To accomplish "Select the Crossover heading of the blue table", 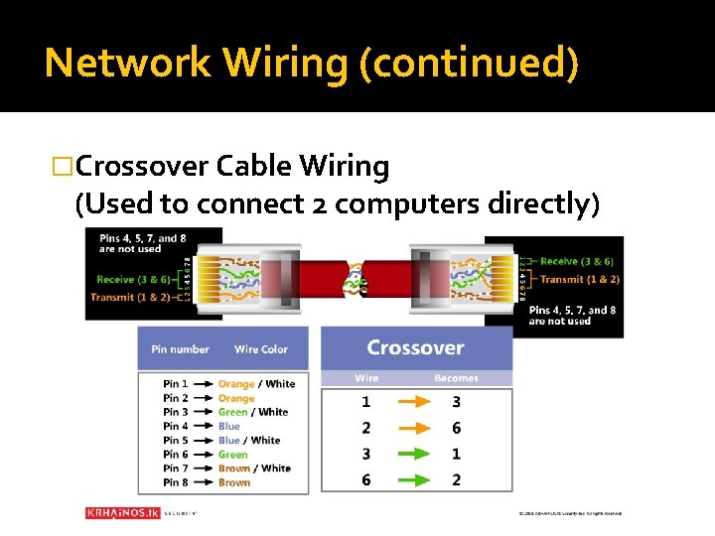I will point(415,347).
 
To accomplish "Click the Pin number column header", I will point(180,349).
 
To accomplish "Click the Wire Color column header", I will point(261,349).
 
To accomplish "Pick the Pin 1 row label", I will point(175,384).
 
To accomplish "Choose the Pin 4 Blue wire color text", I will point(229,426).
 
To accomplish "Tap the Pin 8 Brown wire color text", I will point(234,482).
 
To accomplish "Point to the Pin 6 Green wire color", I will point(233,455).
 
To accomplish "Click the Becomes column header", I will point(456,378).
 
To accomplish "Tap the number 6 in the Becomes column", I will point(456,428).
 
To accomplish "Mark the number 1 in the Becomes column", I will point(456,454).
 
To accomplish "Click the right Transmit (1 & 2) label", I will point(581,279).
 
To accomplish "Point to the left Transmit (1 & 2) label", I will point(129,297).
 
